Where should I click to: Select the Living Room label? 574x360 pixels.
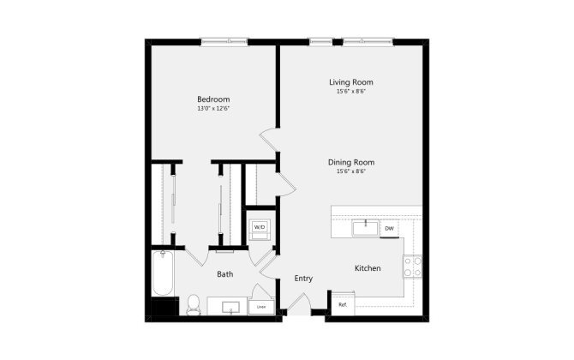351,82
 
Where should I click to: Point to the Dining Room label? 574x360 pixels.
351,162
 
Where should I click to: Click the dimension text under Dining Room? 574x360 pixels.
351,171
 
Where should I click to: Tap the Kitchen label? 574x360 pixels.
368,268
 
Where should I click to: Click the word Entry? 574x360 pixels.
303,279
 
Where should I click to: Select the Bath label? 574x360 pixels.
224,274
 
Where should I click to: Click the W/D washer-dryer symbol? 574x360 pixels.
259,228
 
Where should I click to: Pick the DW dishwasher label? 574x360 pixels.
389,228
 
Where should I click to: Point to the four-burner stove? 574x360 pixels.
412,267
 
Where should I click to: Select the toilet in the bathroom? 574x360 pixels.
194,304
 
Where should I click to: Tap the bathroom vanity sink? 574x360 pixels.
229,307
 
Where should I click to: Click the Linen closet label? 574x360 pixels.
260,306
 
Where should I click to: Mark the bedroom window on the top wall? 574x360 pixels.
224,40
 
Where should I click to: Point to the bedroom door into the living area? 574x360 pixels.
269,140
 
